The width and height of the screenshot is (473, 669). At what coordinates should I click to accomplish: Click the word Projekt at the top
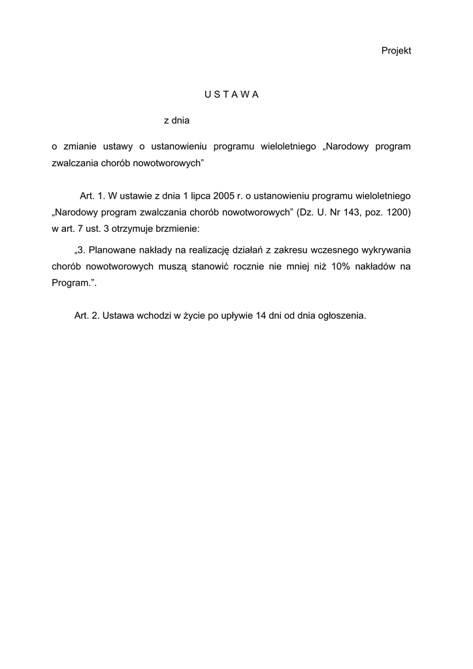point(396,51)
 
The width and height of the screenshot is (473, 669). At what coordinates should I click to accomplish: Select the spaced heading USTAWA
point(232,94)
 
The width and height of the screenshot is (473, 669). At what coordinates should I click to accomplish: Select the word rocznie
point(248,267)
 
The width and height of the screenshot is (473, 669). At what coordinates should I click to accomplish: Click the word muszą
point(172,267)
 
